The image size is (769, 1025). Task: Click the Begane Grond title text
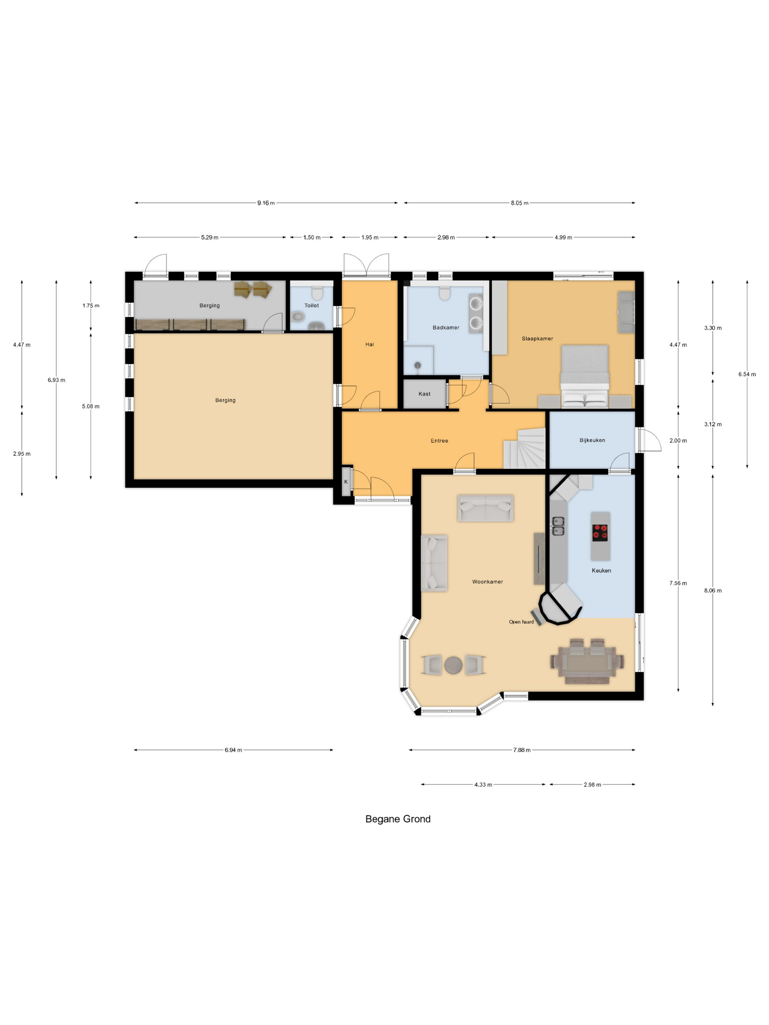398,819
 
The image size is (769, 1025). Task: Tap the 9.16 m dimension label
266,203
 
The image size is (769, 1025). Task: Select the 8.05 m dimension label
520,203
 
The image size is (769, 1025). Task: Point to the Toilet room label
312,305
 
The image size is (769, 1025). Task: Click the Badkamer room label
446,328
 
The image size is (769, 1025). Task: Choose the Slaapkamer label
537,339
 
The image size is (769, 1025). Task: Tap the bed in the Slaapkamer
584,376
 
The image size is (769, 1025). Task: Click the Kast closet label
424,394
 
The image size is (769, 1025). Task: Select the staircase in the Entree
524,448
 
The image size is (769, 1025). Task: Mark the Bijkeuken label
592,440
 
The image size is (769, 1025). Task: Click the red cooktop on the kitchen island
600,533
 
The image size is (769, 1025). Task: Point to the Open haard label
521,622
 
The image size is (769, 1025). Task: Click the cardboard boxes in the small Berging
253,289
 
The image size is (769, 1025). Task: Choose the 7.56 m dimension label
678,583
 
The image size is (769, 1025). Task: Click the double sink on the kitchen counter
558,526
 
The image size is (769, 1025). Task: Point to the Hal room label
369,344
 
